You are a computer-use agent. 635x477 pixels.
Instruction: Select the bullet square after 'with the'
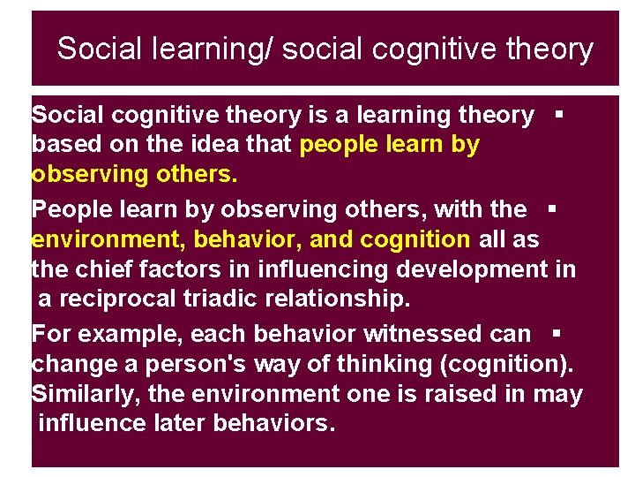(x=550, y=209)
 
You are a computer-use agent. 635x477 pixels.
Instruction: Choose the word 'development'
(x=470, y=269)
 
